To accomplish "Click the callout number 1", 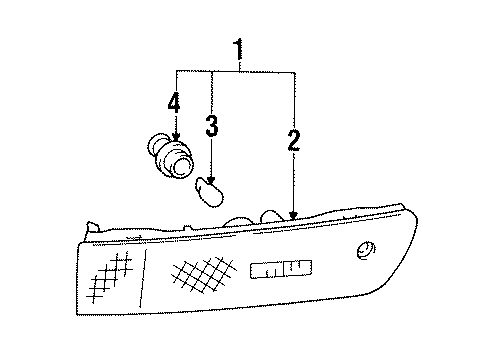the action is point(238,48).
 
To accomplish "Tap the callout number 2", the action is point(293,141).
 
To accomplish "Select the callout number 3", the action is point(212,126).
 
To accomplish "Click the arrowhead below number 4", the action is point(175,136).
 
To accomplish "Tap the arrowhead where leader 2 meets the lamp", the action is point(293,216).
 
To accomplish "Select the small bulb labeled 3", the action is point(207,189).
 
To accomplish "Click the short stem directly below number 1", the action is point(237,63).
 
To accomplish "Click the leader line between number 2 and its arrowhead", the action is point(293,180).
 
